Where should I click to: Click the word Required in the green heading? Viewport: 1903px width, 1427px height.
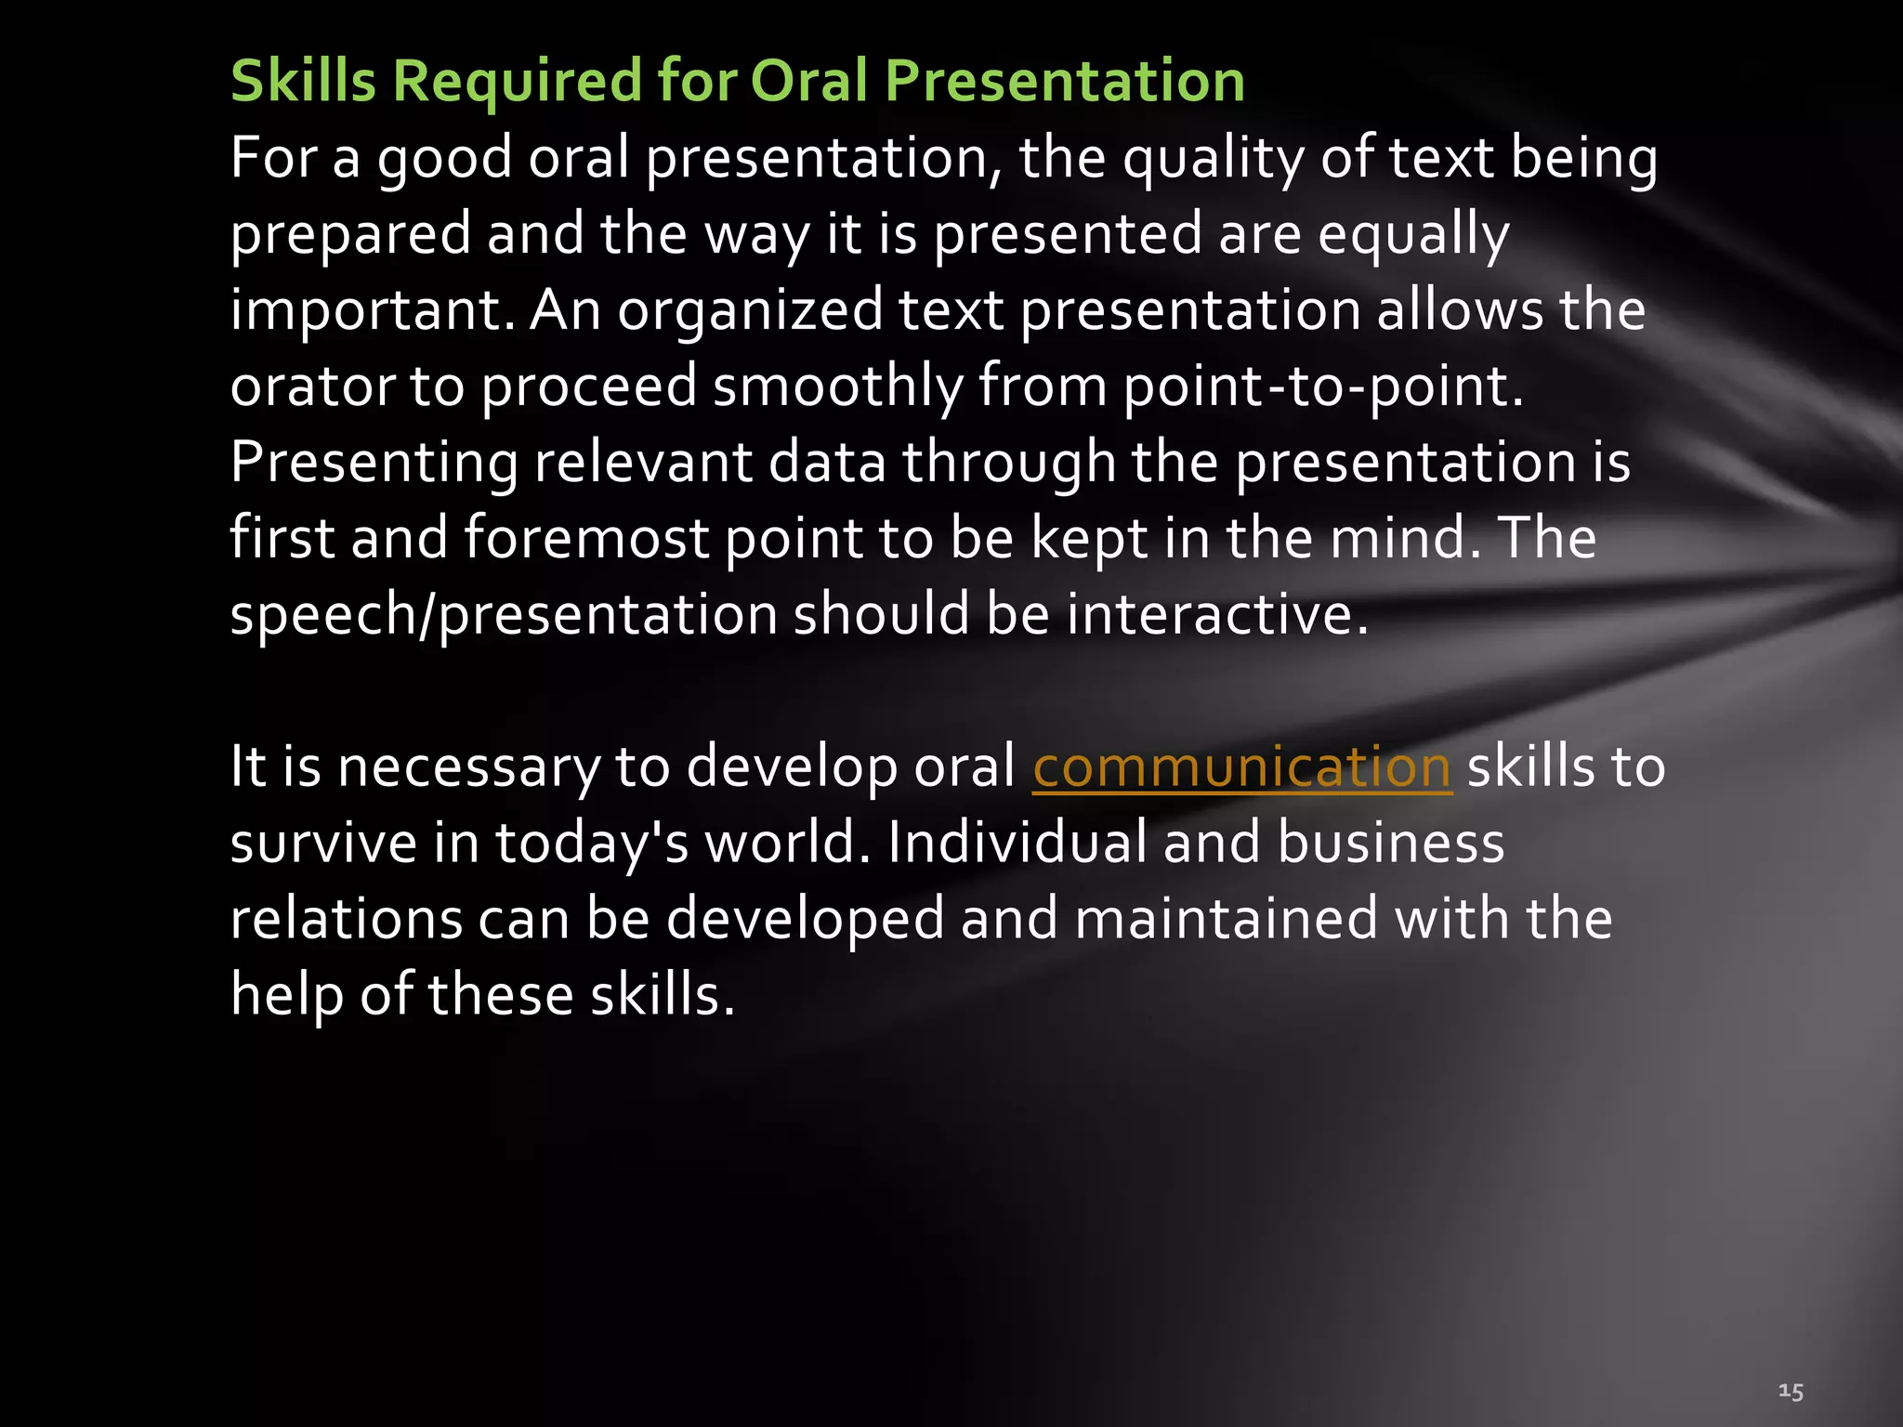[x=517, y=82]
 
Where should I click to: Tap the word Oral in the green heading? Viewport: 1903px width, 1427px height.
[x=808, y=82]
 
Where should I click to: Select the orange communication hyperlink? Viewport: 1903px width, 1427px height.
[x=1241, y=767]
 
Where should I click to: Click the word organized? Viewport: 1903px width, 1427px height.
[x=750, y=312]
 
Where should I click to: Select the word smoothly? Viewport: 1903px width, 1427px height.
[x=838, y=386]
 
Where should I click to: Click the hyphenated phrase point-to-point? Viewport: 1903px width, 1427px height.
[x=1323, y=386]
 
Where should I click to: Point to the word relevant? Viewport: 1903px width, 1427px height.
[x=643, y=463]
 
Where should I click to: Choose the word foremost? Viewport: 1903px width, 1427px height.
[x=586, y=539]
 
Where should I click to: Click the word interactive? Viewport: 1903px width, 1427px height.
[x=1216, y=615]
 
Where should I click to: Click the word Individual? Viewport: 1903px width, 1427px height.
[x=1017, y=844]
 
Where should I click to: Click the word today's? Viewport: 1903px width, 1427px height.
[x=591, y=844]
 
